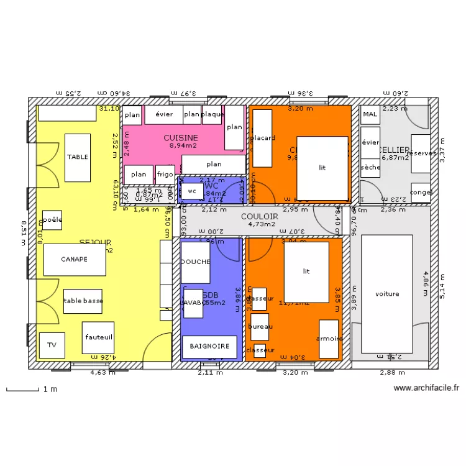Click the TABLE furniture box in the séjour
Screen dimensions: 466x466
pyautogui.click(x=78, y=157)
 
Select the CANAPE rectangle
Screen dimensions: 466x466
pyautogui.click(x=74, y=260)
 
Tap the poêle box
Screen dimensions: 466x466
pyautogui.click(x=52, y=220)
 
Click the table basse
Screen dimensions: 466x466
pyautogui.click(x=83, y=301)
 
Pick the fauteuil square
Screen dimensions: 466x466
pyautogui.click(x=98, y=337)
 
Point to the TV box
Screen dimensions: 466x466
pyautogui.click(x=52, y=345)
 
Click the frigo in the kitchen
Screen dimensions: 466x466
pyautogui.click(x=165, y=175)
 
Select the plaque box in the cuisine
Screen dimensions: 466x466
pyautogui.click(x=212, y=114)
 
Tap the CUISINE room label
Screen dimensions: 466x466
pyautogui.click(x=181, y=137)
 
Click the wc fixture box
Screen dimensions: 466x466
pyautogui.click(x=191, y=192)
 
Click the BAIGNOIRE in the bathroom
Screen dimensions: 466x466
pyautogui.click(x=209, y=346)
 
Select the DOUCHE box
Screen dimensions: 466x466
pyautogui.click(x=195, y=262)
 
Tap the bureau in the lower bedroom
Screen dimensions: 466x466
pyautogui.click(x=259, y=327)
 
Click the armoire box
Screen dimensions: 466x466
pyautogui.click(x=329, y=339)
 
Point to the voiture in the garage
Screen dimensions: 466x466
pyautogui.click(x=387, y=294)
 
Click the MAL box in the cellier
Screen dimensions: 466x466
pyautogui.click(x=370, y=114)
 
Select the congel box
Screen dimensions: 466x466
pyautogui.click(x=421, y=192)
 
